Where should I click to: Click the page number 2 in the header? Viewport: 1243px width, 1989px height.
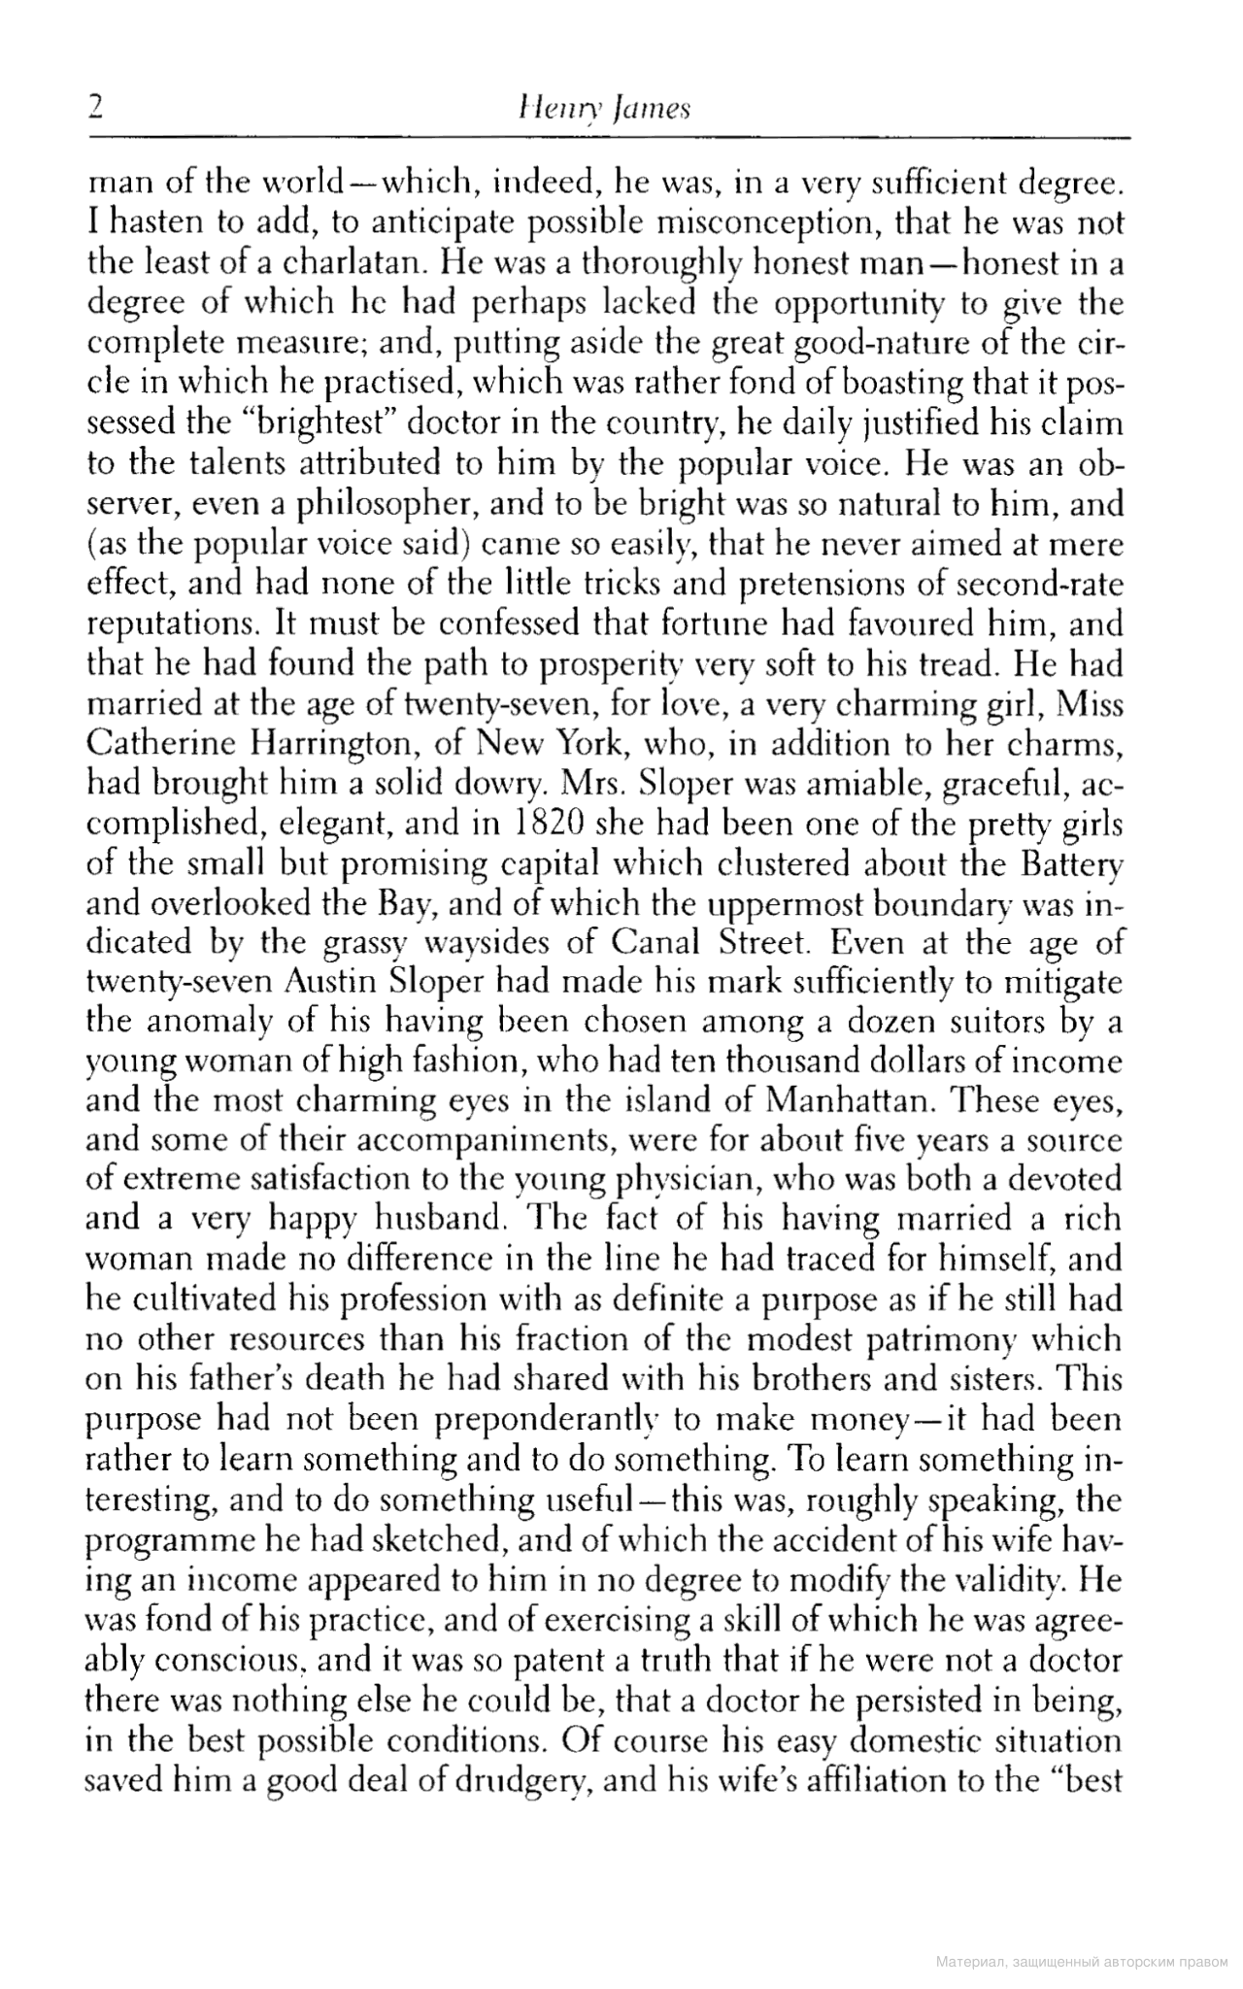(94, 105)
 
